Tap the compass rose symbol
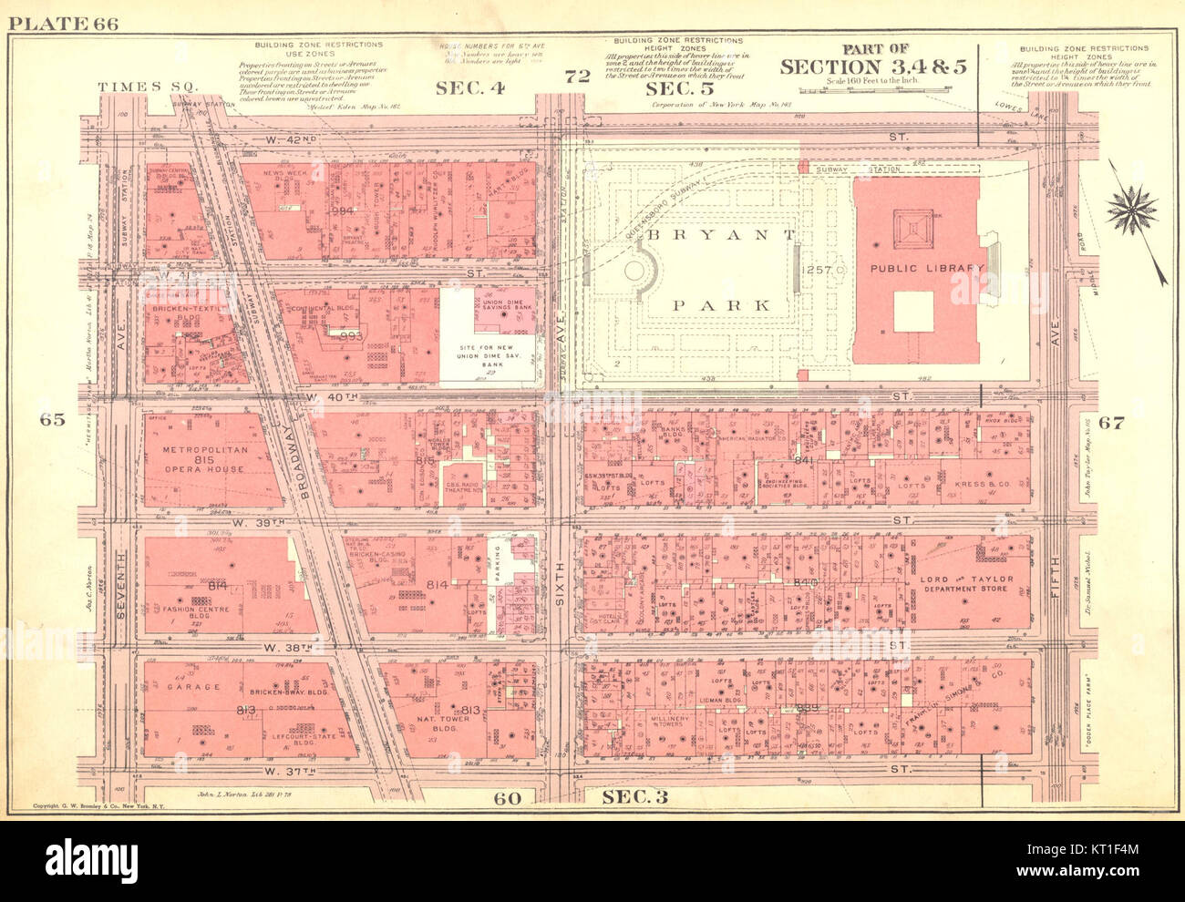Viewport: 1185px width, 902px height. (x=1131, y=210)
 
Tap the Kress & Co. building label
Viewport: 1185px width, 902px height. (x=978, y=484)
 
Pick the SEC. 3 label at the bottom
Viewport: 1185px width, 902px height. (x=635, y=798)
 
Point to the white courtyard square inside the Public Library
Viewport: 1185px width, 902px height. (x=912, y=312)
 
